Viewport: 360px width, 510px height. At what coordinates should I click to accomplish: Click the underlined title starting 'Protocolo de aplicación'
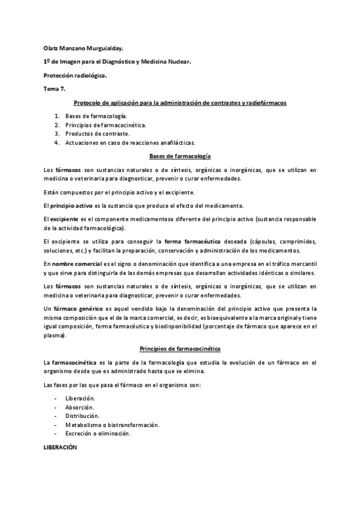click(x=180, y=103)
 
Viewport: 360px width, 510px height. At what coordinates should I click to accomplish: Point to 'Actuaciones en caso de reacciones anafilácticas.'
click(x=130, y=143)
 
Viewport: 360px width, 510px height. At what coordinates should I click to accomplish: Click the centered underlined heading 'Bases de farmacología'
click(x=180, y=156)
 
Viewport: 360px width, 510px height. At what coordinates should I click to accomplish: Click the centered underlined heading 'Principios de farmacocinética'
click(x=180, y=348)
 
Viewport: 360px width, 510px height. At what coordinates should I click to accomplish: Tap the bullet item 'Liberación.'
click(x=80, y=398)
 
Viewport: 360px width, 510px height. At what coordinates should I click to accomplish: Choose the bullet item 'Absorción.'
click(x=80, y=407)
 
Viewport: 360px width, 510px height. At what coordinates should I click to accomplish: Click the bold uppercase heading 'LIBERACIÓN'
click(x=61, y=448)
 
